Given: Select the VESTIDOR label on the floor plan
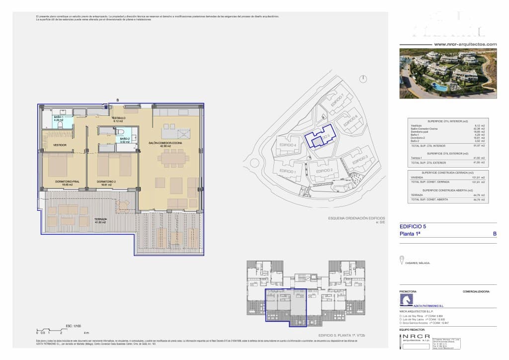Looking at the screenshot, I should click(x=60, y=145).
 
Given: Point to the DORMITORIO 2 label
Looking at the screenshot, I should click(x=106, y=181).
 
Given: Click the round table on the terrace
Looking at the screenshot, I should click(x=123, y=205).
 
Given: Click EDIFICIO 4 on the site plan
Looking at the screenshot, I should click(x=288, y=145).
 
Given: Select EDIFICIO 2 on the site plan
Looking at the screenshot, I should click(x=324, y=171).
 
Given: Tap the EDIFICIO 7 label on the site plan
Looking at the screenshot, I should click(x=336, y=99).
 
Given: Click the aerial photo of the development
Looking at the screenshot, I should click(x=448, y=74).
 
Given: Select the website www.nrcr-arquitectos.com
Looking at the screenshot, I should click(x=465, y=44).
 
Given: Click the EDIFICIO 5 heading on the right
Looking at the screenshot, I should click(x=413, y=226).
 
